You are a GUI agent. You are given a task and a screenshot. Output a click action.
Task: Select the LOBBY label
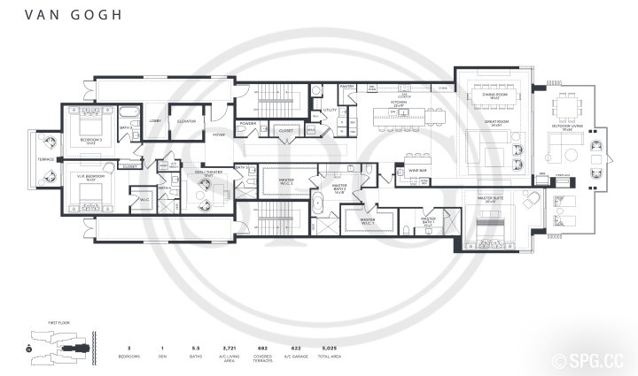pyautogui.click(x=154, y=119)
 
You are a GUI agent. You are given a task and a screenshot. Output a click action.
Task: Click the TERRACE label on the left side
pyautogui.click(x=46, y=159)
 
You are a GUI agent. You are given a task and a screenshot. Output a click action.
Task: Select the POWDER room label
pyautogui.click(x=248, y=124)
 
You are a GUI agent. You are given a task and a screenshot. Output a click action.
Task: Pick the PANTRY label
pyautogui.click(x=347, y=86)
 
